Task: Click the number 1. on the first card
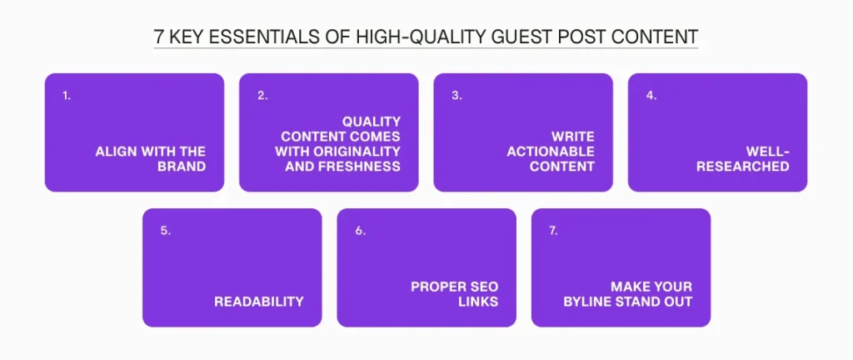(x=67, y=97)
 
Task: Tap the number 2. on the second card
(x=262, y=97)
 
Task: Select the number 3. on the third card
(x=457, y=97)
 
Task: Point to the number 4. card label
(x=651, y=97)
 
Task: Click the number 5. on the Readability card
(x=166, y=231)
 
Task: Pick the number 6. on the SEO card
(x=360, y=231)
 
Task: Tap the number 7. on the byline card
(x=554, y=231)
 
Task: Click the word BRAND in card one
(x=182, y=167)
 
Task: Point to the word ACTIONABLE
(x=551, y=151)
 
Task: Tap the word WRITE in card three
(x=573, y=137)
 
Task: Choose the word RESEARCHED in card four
(x=742, y=167)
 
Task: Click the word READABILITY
(x=259, y=302)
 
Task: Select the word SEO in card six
(x=485, y=287)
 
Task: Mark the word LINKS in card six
(x=478, y=302)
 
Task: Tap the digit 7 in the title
(x=158, y=37)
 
